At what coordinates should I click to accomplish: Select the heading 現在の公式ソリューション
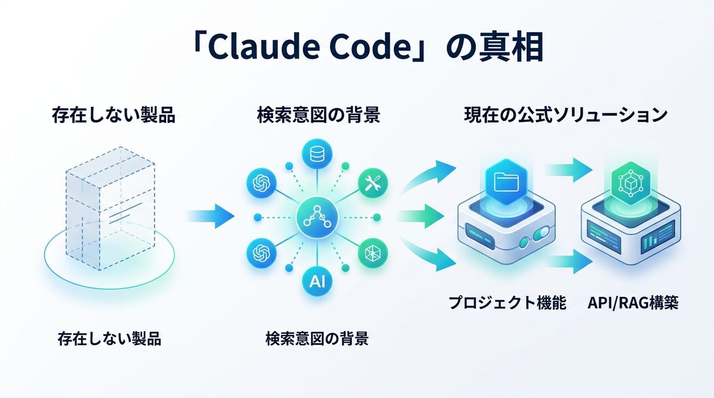coord(565,115)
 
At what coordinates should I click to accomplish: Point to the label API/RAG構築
coord(632,303)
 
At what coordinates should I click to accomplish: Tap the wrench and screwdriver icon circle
coord(373,183)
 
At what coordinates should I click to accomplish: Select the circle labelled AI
coord(316,281)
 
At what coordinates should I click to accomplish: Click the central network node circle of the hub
coord(316,217)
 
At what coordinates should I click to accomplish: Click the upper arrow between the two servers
coord(568,170)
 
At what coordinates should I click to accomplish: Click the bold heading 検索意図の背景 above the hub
coord(318,115)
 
